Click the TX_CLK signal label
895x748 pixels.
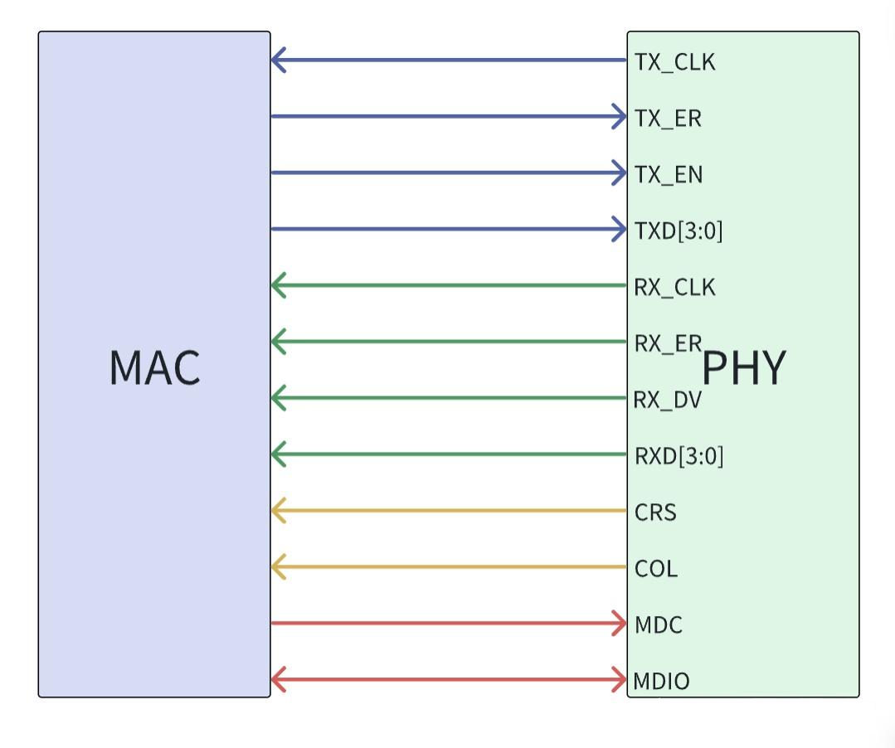point(674,62)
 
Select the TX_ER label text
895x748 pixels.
point(668,119)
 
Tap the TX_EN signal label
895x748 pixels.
point(669,175)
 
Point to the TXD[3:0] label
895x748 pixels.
point(679,231)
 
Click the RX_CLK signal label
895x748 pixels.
point(674,288)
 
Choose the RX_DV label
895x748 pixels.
point(668,401)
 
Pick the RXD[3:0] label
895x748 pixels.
point(679,456)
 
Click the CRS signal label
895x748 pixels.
point(655,512)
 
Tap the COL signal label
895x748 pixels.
point(655,569)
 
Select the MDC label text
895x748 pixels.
point(658,624)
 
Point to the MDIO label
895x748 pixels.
point(661,682)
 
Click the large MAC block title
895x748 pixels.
point(154,367)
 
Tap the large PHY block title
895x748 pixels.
point(744,367)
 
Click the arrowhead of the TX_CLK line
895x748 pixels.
point(278,60)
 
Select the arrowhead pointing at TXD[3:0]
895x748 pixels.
point(620,229)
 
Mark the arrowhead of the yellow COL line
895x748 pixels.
point(278,567)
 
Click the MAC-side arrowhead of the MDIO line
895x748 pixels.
point(278,681)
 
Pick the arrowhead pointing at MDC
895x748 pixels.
point(620,624)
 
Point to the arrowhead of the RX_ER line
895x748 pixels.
point(278,342)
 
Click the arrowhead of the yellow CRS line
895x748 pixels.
point(278,511)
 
